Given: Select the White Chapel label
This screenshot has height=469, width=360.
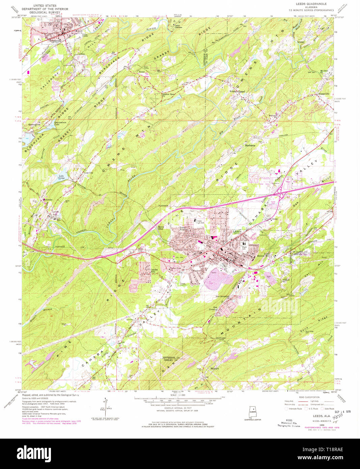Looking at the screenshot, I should (x=237, y=91).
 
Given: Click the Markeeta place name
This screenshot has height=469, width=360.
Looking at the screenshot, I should (x=250, y=145).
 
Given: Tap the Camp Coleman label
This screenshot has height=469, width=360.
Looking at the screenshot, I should (x=178, y=26).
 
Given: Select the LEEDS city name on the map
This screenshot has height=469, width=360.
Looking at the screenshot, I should (x=237, y=231).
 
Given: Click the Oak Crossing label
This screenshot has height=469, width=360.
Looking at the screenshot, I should (x=213, y=308).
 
